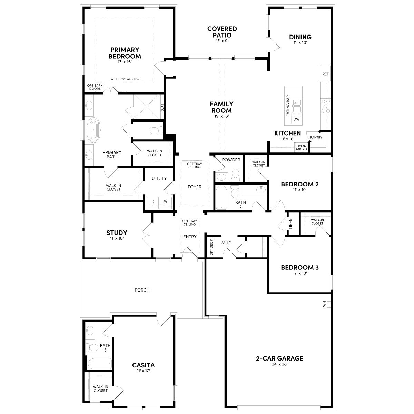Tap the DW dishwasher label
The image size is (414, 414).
(296, 119)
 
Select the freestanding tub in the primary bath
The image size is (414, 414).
(93, 130)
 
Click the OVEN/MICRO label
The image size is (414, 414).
(302, 147)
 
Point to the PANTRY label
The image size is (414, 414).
(316, 137)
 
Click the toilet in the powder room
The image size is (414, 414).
(236, 175)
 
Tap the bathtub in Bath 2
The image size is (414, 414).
(221, 198)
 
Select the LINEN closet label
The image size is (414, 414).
(291, 224)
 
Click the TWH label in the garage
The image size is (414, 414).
(324, 305)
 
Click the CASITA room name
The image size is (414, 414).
(143, 365)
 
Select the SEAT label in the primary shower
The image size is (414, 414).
(162, 107)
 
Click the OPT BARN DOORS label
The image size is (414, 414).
(95, 87)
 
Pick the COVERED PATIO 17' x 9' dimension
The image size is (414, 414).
(222, 41)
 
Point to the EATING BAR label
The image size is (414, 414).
(288, 106)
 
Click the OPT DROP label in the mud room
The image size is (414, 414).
(211, 247)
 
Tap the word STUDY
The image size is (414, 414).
(117, 233)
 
